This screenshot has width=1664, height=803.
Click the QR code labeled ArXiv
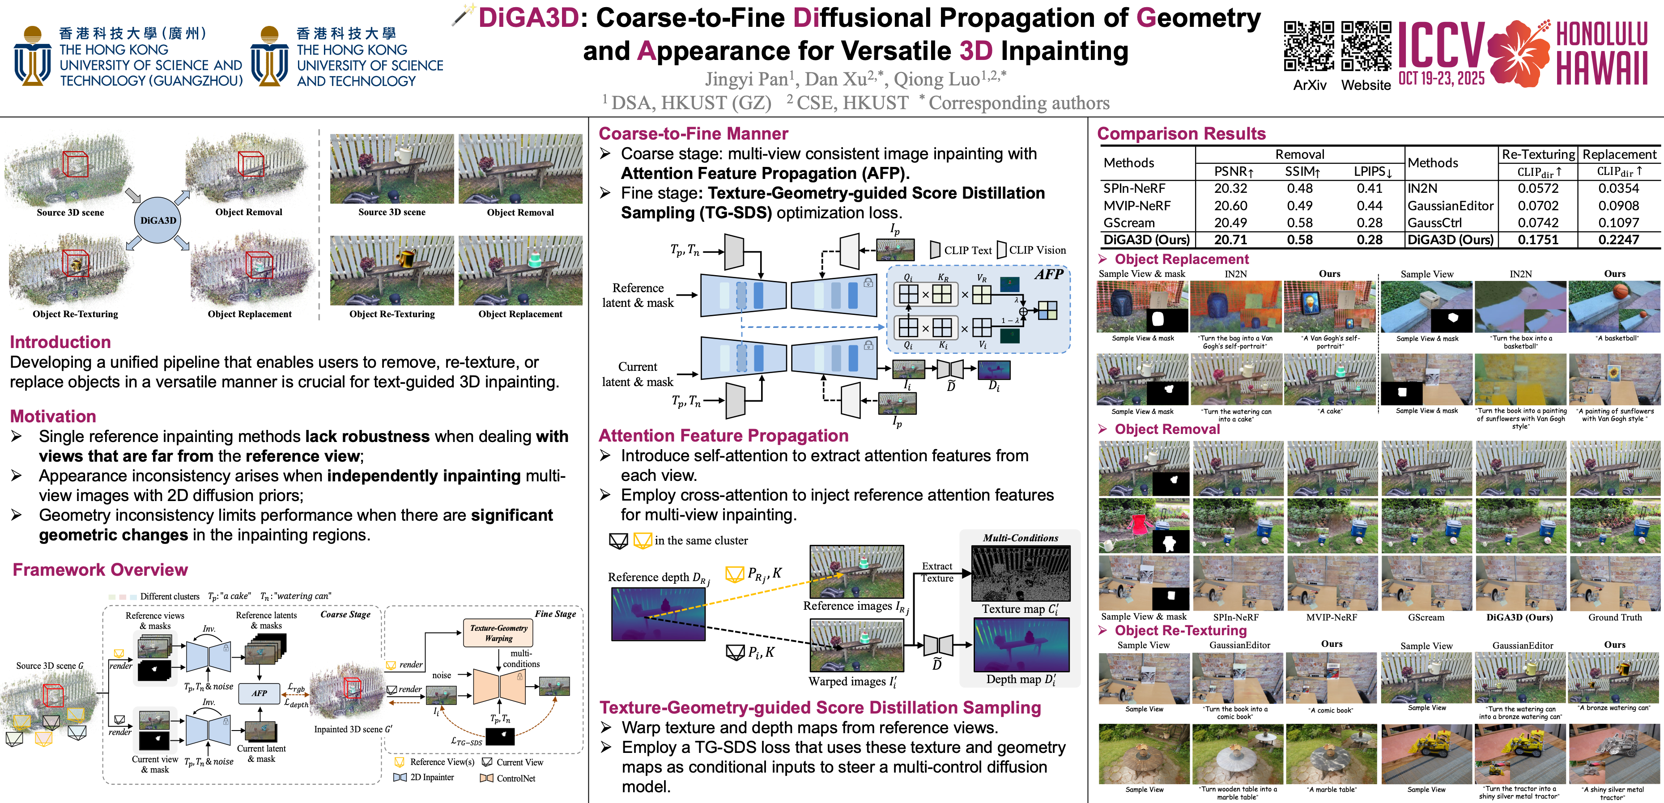pyautogui.click(x=1309, y=47)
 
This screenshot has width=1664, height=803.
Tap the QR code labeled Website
pyautogui.click(x=1366, y=47)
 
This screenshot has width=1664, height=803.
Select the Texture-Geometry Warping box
pyautogui.click(x=498, y=633)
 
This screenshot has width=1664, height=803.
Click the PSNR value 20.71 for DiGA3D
pyautogui.click(x=1230, y=240)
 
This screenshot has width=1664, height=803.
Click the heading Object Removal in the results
pyautogui.click(x=1166, y=429)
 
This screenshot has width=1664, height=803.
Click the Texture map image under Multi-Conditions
pyautogui.click(x=1021, y=574)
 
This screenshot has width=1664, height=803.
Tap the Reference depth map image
pyautogui.click(x=658, y=614)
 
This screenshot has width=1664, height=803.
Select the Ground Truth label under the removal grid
pyautogui.click(x=1614, y=617)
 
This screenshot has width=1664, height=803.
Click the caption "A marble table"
pyautogui.click(x=1331, y=790)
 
